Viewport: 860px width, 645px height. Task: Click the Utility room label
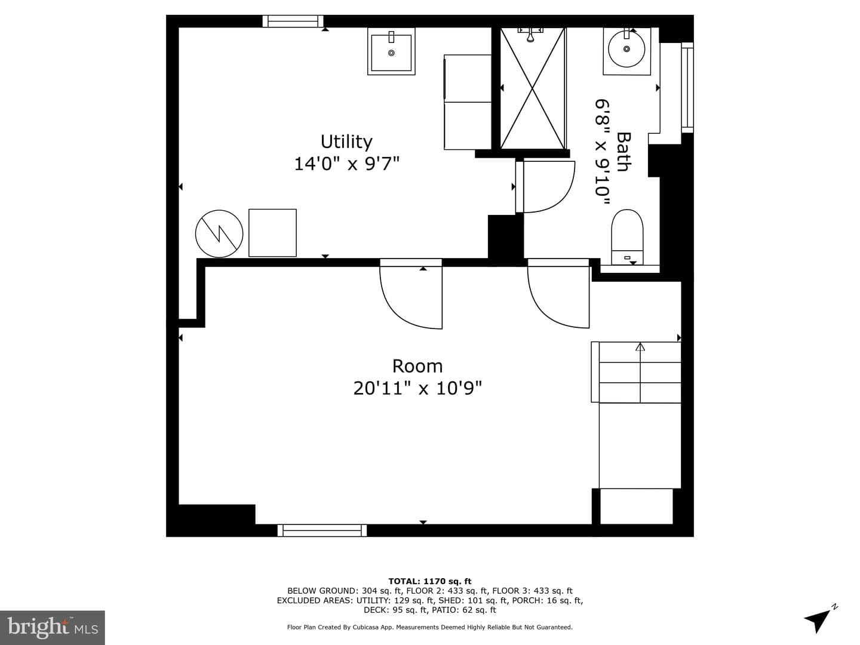(346, 142)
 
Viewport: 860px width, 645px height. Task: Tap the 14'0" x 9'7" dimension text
(346, 164)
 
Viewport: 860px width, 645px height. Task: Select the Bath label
(623, 152)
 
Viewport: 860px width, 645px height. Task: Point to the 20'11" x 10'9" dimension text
(417, 388)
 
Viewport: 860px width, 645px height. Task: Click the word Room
(417, 366)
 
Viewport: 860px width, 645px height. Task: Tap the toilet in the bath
(627, 237)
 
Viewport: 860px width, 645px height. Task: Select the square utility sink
(391, 51)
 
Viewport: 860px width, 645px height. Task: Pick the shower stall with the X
(533, 88)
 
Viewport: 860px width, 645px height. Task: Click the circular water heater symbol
(219, 234)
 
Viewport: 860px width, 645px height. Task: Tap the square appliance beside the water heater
(272, 233)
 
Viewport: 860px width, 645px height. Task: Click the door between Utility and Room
(411, 294)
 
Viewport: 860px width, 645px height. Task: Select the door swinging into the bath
(545, 186)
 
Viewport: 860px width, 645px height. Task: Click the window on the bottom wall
(322, 530)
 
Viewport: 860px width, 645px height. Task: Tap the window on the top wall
(293, 21)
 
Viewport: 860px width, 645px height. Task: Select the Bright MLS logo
(53, 628)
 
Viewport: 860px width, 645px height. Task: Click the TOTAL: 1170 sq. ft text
(430, 581)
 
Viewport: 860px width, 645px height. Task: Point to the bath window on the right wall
(687, 87)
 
